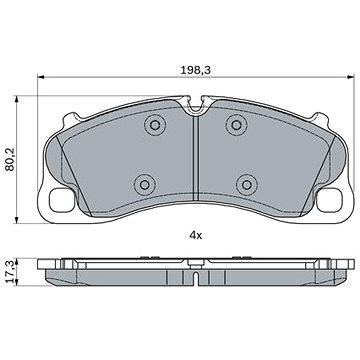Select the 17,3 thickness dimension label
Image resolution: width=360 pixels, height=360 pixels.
tap(10, 272)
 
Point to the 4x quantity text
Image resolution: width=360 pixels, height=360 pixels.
tap(196, 236)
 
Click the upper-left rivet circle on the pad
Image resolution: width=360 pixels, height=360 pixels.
tap(155, 125)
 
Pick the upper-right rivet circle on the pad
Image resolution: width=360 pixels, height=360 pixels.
tap(236, 125)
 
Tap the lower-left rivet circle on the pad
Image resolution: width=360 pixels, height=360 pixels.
tap(145, 184)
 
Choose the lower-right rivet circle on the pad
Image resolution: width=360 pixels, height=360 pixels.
tap(247, 184)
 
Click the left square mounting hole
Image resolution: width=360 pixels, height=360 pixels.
tap(62, 200)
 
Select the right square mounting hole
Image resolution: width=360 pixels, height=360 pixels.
tap(329, 200)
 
